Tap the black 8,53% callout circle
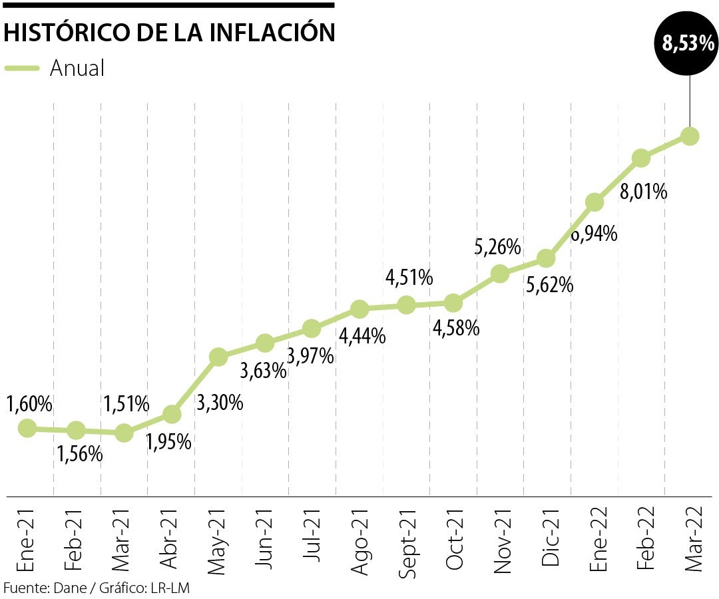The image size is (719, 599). [688, 45]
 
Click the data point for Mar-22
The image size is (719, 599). [690, 136]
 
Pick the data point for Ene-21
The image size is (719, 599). [27, 428]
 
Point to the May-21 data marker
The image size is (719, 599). [218, 357]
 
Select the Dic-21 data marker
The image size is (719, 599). [546, 258]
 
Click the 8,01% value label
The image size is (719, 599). [643, 192]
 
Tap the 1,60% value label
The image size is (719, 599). [29, 403]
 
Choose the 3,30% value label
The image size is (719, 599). [220, 403]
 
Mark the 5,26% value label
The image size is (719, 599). [497, 248]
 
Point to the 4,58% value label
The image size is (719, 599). [456, 328]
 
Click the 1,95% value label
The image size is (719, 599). [169, 441]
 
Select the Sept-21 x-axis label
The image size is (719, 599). [407, 538]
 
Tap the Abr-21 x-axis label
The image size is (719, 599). [170, 539]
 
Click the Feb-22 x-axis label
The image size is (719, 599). [643, 539]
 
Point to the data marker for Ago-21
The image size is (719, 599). [359, 309]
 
